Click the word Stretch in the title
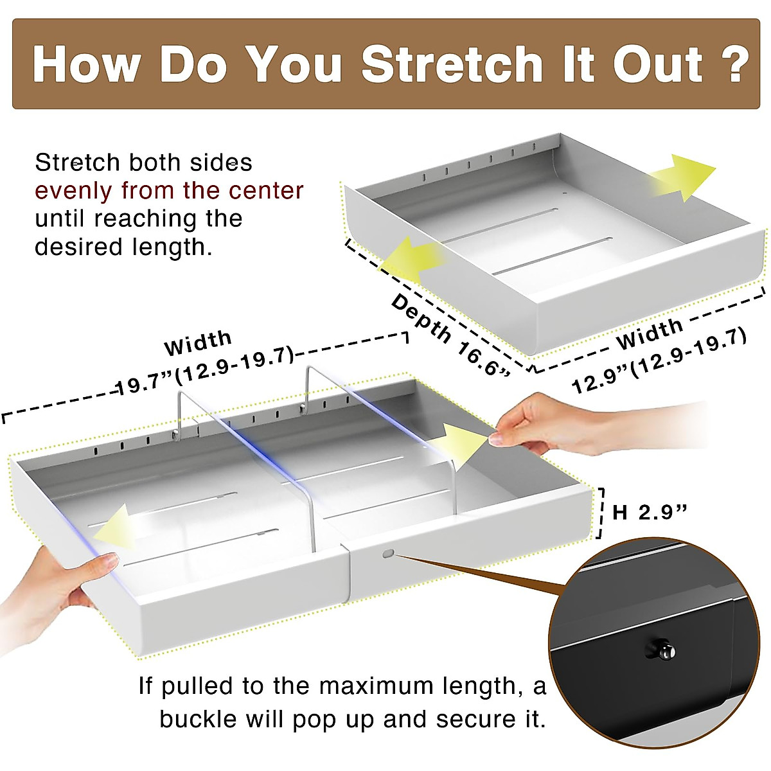click(452, 64)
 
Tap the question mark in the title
click(732, 64)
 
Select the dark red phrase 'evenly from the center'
click(169, 191)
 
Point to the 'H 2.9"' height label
click(650, 513)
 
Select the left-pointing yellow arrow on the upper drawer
click(412, 259)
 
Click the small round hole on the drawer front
click(387, 553)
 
